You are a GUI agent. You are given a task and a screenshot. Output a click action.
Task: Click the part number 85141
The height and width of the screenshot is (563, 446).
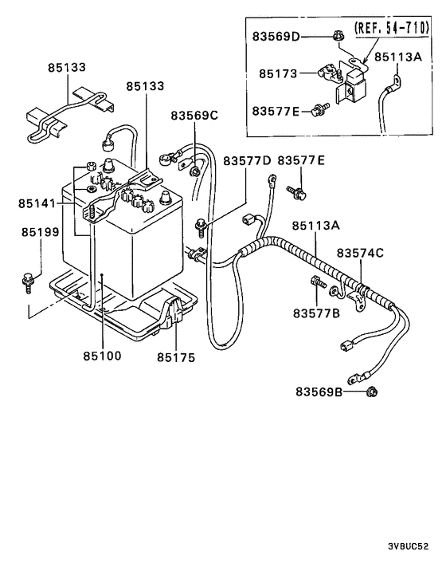pyautogui.click(x=37, y=203)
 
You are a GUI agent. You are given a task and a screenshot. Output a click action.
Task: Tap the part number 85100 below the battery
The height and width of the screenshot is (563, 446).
pyautogui.click(x=100, y=355)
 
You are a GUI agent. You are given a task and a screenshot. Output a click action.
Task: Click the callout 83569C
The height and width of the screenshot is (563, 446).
pyautogui.click(x=194, y=116)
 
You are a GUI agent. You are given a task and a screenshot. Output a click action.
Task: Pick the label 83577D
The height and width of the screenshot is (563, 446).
pyautogui.click(x=247, y=161)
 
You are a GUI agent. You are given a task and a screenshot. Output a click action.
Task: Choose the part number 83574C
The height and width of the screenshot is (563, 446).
pyautogui.click(x=359, y=253)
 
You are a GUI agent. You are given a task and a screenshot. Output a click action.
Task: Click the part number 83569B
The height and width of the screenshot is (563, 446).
pyautogui.click(x=319, y=392)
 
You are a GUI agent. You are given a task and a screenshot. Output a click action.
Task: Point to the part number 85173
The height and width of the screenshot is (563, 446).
pyautogui.click(x=276, y=73)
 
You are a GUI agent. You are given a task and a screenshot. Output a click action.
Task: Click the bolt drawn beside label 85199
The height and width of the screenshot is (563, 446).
pyautogui.click(x=28, y=278)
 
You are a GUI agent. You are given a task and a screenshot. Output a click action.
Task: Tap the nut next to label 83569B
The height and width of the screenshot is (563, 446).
pyautogui.click(x=372, y=392)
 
